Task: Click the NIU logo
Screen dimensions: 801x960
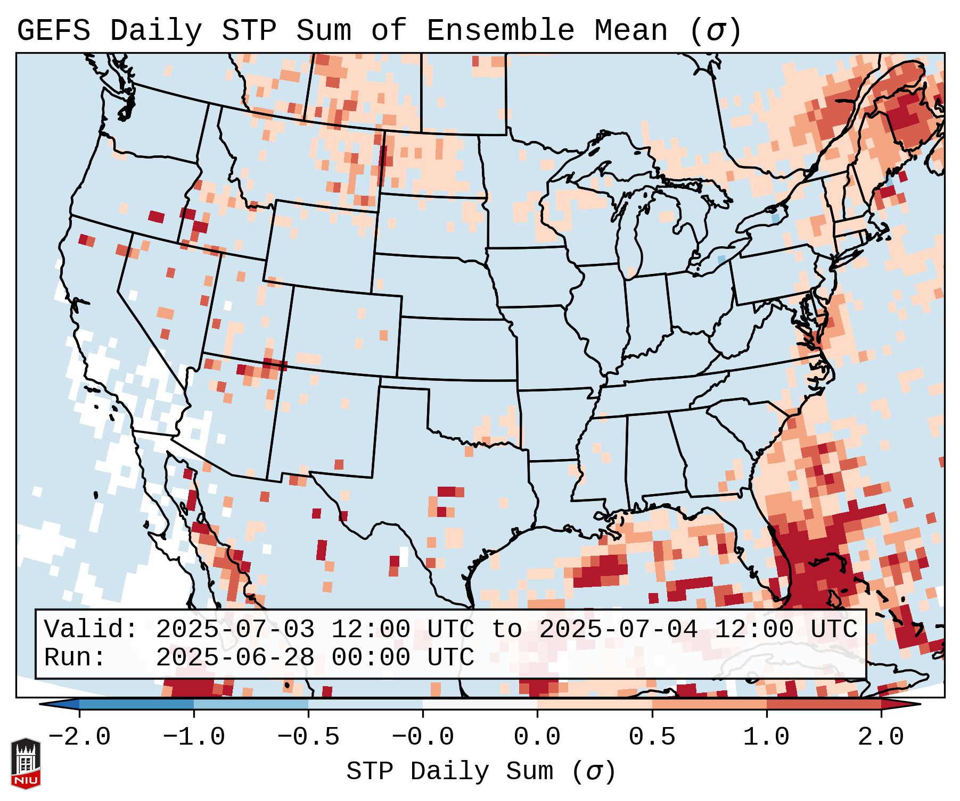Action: [26, 763]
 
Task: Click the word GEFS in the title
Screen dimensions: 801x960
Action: [53, 31]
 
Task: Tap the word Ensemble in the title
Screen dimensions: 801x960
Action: [500, 31]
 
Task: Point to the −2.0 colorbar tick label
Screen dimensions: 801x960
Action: [79, 737]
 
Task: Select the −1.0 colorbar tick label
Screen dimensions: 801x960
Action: [194, 737]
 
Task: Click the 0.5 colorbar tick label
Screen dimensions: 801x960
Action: [652, 737]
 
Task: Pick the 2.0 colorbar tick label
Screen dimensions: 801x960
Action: [881, 737]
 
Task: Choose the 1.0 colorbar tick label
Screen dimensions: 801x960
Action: [766, 737]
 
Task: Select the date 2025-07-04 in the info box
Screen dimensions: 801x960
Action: [618, 629]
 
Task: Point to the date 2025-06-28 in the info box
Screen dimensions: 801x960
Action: [235, 657]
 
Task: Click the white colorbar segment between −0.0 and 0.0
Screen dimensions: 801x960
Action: [480, 704]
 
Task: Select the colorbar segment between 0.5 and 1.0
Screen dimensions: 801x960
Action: [709, 704]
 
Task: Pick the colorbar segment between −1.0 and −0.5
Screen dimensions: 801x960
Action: [251, 704]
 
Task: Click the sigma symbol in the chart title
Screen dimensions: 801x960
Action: [715, 31]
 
